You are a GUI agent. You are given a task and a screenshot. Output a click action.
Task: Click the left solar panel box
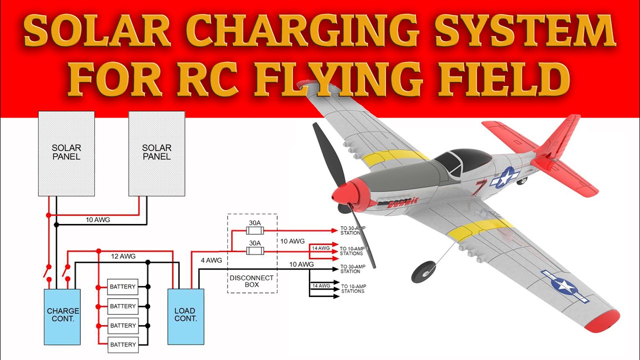tap(66, 153)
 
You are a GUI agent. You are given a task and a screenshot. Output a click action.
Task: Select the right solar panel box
tap(156, 153)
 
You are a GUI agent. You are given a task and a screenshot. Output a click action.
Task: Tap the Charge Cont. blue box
tap(62, 316)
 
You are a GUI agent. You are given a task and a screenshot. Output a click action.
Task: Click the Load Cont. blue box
tap(185, 316)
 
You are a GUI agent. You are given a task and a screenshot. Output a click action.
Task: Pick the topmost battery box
tap(122, 286)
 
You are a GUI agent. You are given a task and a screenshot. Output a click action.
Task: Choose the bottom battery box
tap(122, 344)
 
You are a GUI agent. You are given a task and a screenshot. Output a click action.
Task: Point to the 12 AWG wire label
tap(123, 256)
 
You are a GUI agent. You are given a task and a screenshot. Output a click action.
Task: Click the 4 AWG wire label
tap(211, 260)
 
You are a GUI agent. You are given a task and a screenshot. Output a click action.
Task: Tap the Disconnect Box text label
tap(251, 281)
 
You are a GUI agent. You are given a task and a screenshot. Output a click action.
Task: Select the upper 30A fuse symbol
tap(255, 230)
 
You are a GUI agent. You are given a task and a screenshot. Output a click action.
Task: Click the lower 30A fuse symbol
tap(255, 250)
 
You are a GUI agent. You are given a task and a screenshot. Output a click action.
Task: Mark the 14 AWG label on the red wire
tap(320, 248)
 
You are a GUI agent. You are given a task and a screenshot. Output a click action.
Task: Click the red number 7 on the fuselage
tap(480, 187)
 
